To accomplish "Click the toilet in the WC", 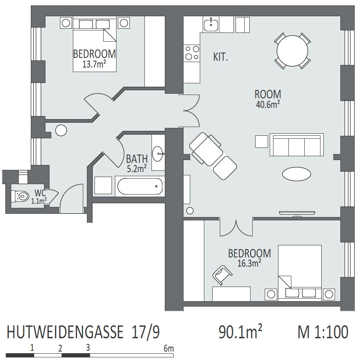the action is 20,196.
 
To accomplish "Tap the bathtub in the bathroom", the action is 140,186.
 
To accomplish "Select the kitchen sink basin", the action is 211,24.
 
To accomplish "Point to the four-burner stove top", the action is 192,53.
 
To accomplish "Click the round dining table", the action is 292,51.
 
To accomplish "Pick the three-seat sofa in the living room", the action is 297,145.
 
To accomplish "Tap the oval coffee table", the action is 297,174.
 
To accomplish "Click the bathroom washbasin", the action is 158,154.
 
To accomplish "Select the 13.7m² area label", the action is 94,65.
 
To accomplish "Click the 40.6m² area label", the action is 268,105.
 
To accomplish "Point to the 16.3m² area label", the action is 249,263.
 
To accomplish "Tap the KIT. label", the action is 221,57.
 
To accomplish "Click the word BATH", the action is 137,159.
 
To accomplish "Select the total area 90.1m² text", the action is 240,332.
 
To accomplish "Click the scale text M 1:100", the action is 323,332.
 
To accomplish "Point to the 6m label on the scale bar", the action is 169,348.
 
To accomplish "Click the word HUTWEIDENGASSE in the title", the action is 65,332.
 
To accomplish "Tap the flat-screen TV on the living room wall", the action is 297,213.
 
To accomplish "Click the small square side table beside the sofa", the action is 261,142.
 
